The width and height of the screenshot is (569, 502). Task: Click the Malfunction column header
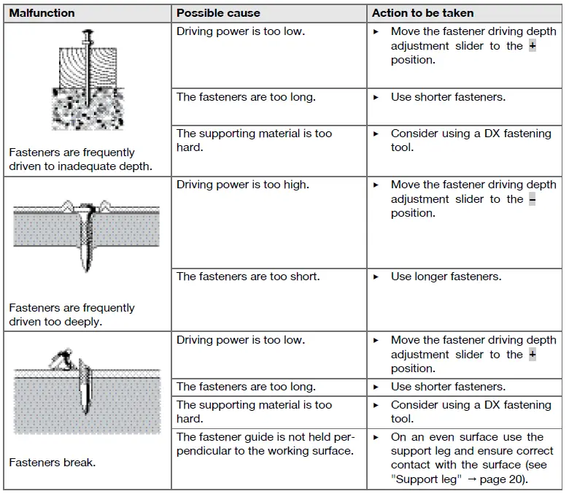point(42,13)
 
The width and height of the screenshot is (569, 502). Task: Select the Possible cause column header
point(219,13)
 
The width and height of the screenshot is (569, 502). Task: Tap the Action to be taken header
point(422,13)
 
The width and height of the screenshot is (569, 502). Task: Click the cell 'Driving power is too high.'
point(242,185)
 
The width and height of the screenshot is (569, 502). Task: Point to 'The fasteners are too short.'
point(248,277)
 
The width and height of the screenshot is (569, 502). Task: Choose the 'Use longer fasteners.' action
point(446,277)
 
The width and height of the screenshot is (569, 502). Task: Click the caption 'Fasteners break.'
point(52,463)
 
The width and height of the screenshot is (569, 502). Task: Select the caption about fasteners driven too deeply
point(71,314)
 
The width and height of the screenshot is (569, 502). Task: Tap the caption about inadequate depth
point(80,159)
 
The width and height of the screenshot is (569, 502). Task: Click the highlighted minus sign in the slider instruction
point(532,199)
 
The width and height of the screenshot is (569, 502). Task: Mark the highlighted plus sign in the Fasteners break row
point(532,355)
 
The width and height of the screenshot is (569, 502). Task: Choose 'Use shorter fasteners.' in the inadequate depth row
point(448,97)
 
